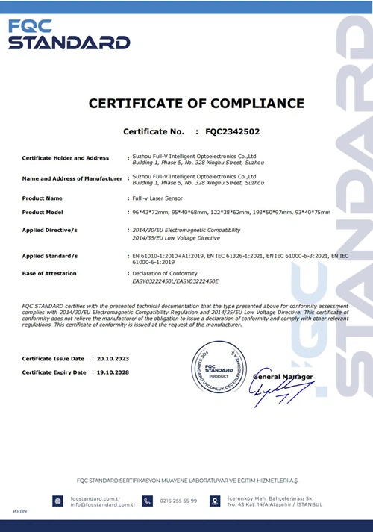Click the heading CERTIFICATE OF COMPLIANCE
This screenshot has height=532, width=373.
point(196,104)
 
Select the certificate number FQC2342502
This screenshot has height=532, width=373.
point(234,132)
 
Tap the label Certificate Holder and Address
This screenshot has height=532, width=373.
point(66,158)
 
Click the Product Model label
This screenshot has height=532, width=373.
point(47,213)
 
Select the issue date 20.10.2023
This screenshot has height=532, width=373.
point(113,359)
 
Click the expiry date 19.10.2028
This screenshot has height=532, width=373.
point(113,372)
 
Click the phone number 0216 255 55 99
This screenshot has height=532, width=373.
point(179,501)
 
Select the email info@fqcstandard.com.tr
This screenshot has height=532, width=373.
point(102,505)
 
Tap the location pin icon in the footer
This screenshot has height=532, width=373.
point(215,501)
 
